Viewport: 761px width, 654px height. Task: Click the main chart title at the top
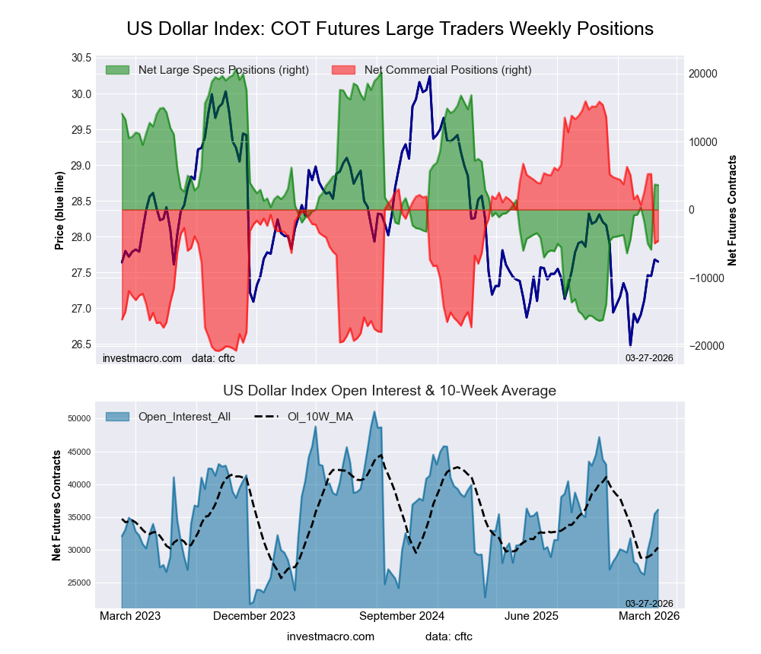pyautogui.click(x=390, y=29)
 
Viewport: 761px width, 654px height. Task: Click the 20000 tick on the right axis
pyautogui.click(x=703, y=74)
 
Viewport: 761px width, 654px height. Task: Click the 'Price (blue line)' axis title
pyautogui.click(x=59, y=210)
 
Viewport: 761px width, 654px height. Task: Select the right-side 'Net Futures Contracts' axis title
pyautogui.click(x=733, y=210)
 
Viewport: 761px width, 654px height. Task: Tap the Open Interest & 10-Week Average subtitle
pyautogui.click(x=390, y=391)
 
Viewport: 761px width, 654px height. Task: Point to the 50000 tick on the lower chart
pyautogui.click(x=78, y=419)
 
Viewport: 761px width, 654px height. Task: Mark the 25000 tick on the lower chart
pyautogui.click(x=78, y=583)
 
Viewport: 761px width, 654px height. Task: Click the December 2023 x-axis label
pyautogui.click(x=254, y=615)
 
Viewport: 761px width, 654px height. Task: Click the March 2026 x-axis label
pyautogui.click(x=649, y=615)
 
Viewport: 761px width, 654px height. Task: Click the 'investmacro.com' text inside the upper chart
pyautogui.click(x=142, y=357)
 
